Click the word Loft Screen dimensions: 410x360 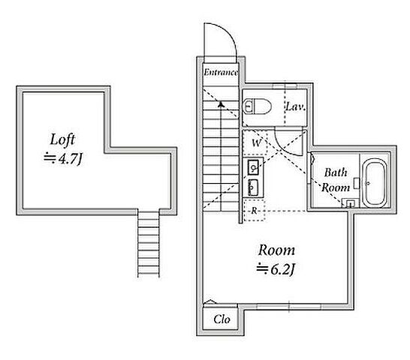(x=62, y=140)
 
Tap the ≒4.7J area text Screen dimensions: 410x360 (x=63, y=158)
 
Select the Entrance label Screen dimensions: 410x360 (x=221, y=72)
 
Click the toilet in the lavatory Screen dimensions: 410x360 (x=257, y=106)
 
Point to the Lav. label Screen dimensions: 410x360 (x=295, y=106)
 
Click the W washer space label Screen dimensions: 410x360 (x=257, y=143)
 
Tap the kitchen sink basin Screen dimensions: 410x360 (x=253, y=167)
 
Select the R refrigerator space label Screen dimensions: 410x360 (x=254, y=211)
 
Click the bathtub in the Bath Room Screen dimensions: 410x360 (x=375, y=182)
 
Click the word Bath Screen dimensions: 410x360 (x=336, y=172)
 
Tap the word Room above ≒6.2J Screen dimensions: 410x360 (x=276, y=250)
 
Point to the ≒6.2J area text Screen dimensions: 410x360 (x=276, y=269)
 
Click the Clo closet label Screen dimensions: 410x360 (x=222, y=319)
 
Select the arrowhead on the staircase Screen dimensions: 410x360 (x=222, y=104)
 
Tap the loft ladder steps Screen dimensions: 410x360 (x=148, y=243)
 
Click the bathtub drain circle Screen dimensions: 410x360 (x=368, y=183)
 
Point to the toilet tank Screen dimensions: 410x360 (x=247, y=106)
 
